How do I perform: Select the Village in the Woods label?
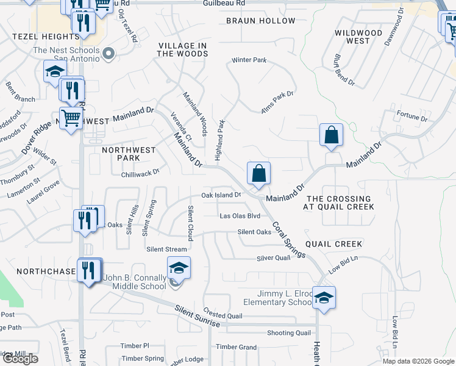point(182,49)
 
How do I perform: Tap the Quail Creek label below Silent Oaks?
point(334,244)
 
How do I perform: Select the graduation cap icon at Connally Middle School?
point(179,267)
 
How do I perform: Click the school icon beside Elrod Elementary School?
point(324,297)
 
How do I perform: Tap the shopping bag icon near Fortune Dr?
point(331,134)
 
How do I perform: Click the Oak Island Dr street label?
point(222,195)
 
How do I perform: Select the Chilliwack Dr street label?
point(140,172)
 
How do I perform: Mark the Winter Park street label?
point(249,60)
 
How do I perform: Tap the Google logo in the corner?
point(20,359)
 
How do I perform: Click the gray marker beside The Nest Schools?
point(109,54)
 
